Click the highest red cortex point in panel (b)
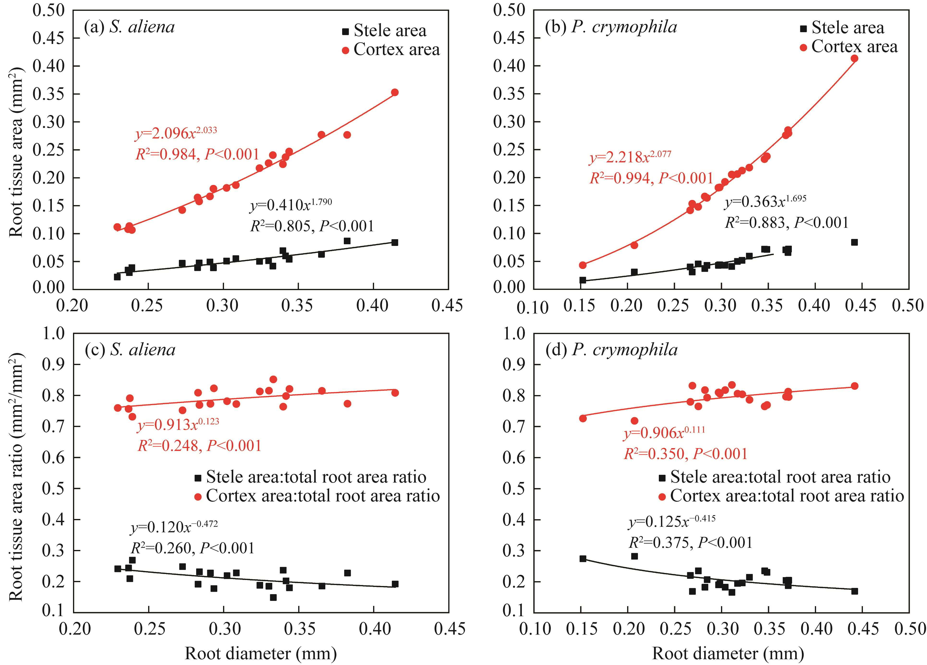[854, 58]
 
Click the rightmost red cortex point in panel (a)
[394, 92]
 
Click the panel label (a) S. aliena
[129, 27]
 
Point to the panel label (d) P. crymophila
[612, 350]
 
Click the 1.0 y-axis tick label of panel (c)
[54, 334]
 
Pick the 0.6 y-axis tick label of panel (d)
[514, 457]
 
